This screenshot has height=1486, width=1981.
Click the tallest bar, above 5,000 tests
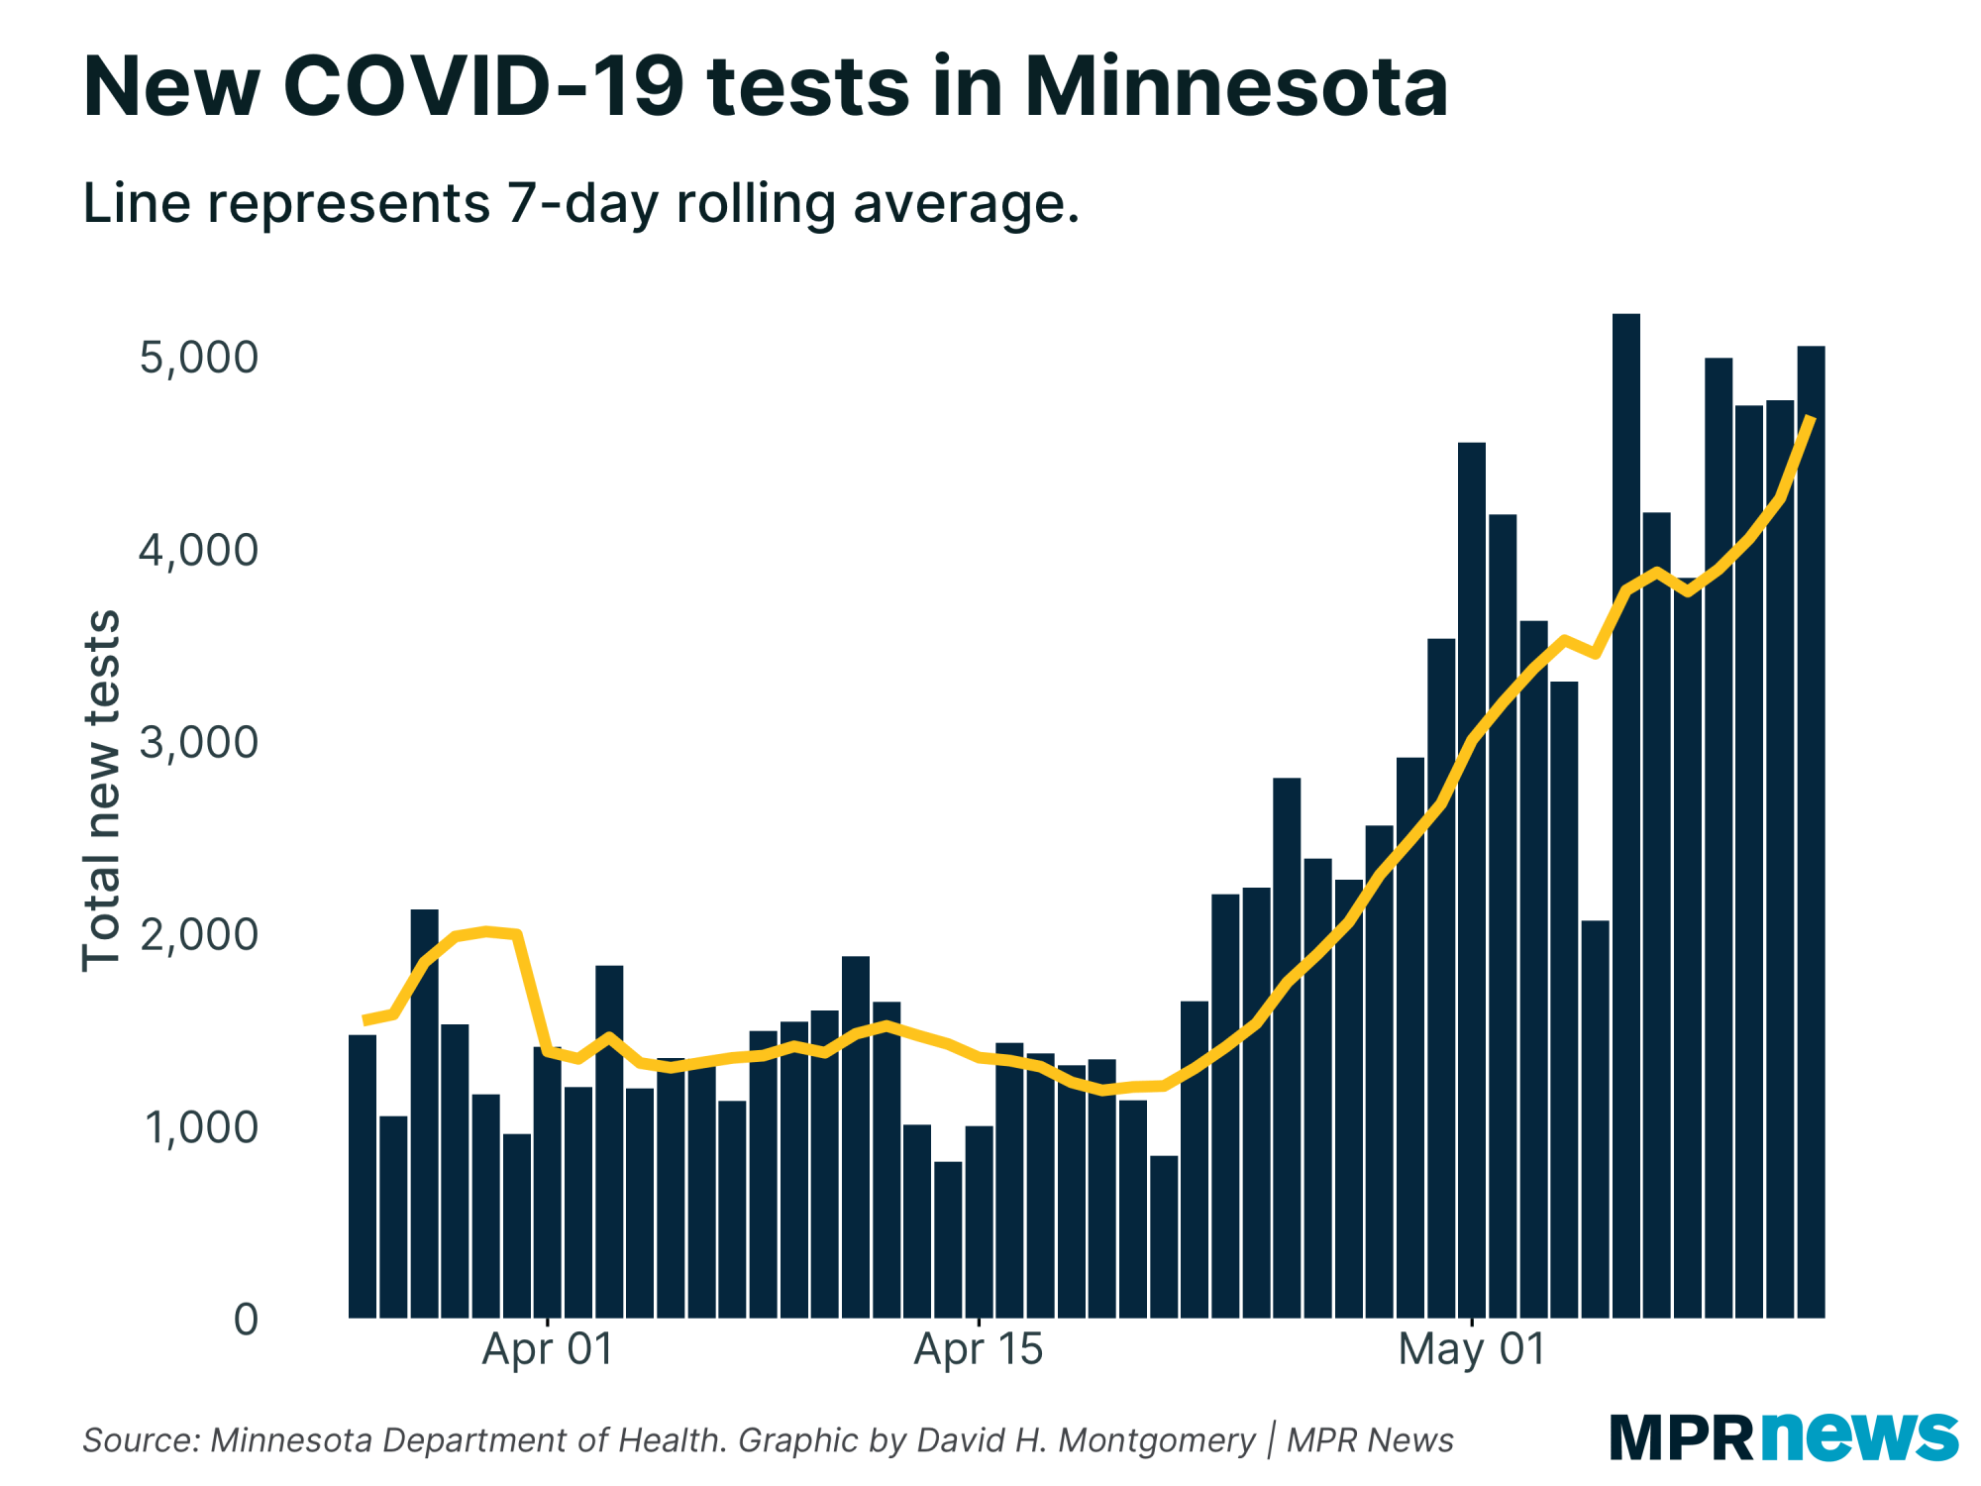tap(1625, 812)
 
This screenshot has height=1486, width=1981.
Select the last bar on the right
tap(1811, 832)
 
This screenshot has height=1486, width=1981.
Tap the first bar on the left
tap(363, 1179)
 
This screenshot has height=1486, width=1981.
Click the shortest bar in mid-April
tap(948, 1238)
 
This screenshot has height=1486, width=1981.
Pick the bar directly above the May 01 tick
tap(1472, 882)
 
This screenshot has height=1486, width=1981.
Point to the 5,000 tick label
tap(198, 358)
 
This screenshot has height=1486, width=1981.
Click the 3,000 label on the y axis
tap(198, 742)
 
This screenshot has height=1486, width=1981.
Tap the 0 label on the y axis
tap(246, 1320)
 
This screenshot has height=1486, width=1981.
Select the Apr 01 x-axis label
tap(548, 1350)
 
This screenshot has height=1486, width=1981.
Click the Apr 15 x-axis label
tap(979, 1350)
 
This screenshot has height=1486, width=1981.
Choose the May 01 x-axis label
tap(1472, 1350)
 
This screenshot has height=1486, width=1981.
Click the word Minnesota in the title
tap(1235, 87)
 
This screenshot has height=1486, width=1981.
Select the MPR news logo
tap(1783, 1436)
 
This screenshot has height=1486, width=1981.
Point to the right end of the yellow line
tap(1811, 419)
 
